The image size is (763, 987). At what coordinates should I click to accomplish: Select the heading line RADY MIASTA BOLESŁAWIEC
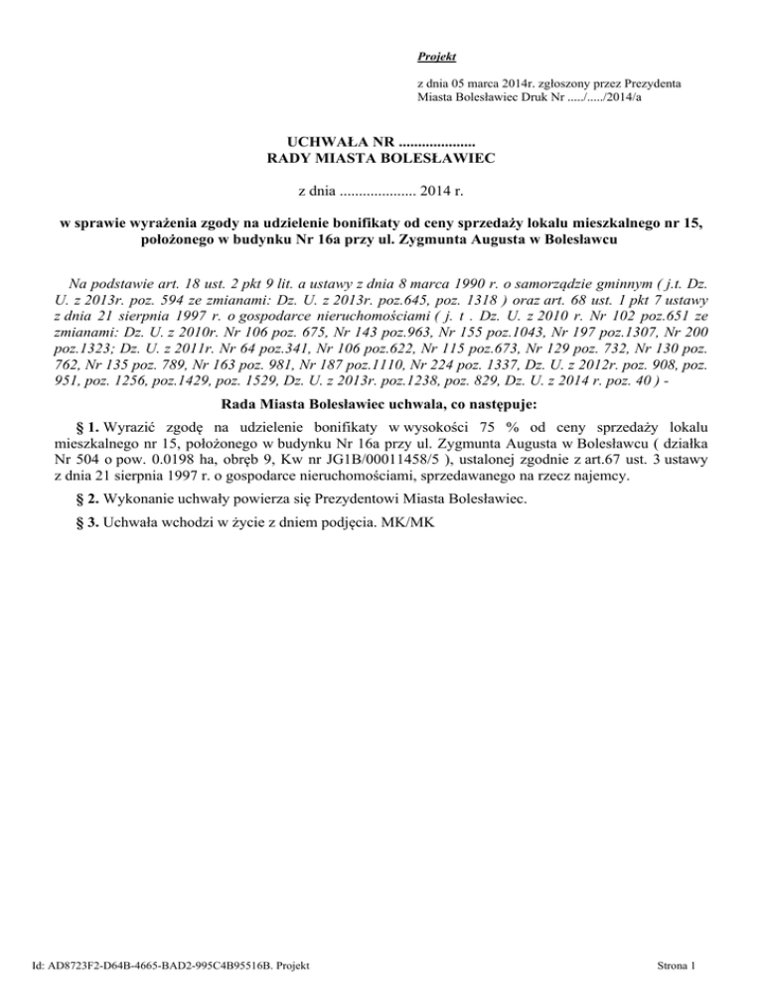381,157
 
